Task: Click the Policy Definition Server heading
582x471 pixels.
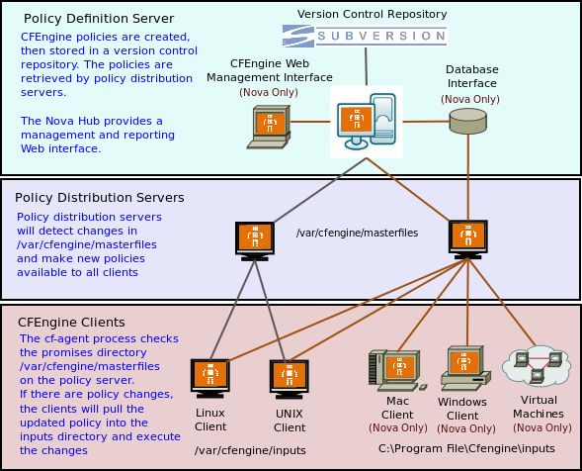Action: (99, 19)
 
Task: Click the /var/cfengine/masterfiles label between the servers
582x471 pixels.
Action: (358, 233)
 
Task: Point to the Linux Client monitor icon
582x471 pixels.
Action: (208, 377)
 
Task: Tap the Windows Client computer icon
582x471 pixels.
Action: (462, 369)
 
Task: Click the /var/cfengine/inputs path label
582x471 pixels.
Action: (250, 450)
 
